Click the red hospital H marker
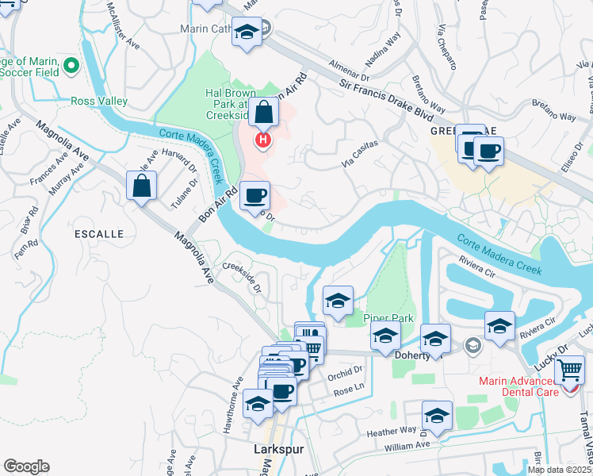pos(262,141)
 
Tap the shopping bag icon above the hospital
pos(263,113)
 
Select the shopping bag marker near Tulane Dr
pos(140,186)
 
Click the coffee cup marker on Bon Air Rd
pos(254,195)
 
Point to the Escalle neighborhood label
pos(99,234)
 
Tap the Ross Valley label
pos(99,101)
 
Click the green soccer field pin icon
pos(72,67)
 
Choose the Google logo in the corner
pos(27,466)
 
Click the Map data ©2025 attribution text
pos(559,470)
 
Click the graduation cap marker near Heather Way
pos(437,415)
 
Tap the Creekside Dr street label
pos(243,278)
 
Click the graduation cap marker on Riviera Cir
pos(499,325)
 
